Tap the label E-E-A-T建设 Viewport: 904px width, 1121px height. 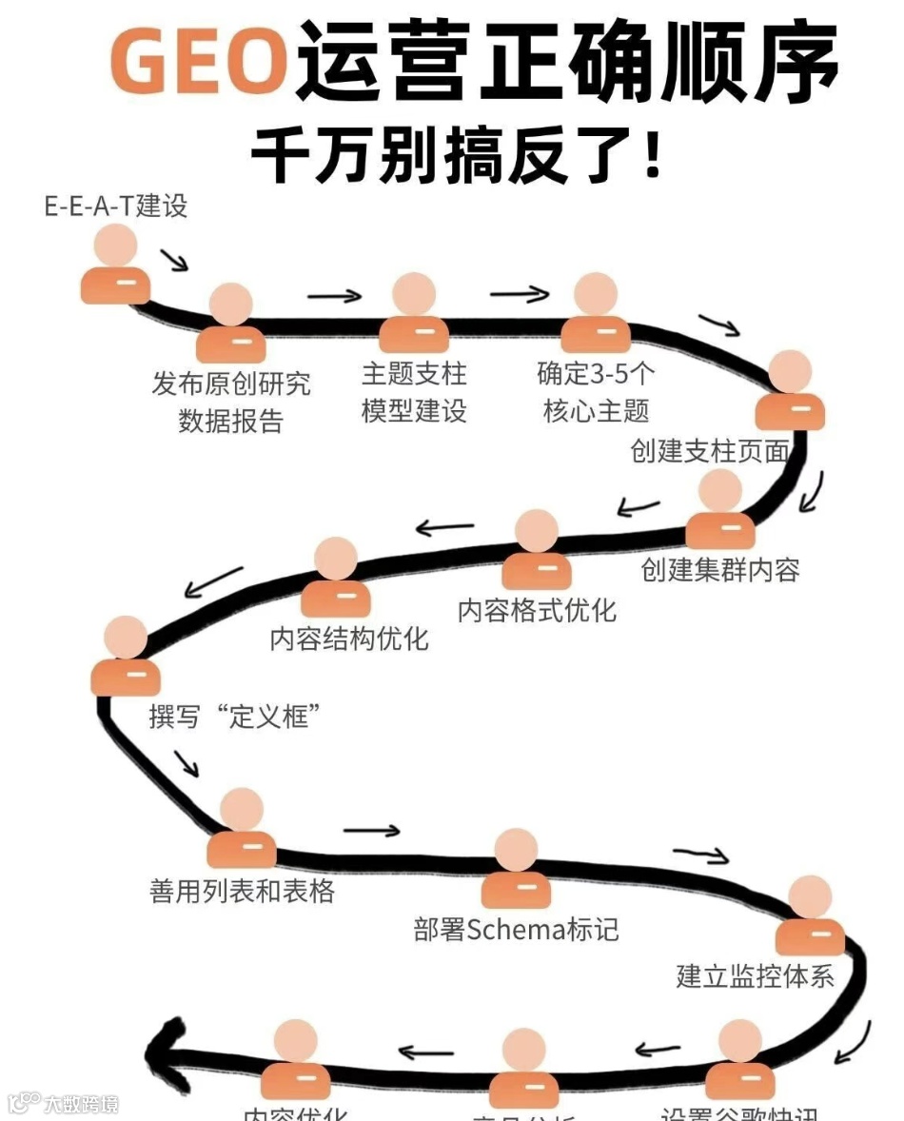coord(116,206)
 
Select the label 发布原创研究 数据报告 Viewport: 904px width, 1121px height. coord(231,402)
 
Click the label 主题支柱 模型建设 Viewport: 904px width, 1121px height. coord(414,391)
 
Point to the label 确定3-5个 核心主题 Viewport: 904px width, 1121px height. coord(596,391)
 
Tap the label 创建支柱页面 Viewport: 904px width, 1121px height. coord(710,451)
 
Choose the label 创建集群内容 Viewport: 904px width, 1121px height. coord(720,569)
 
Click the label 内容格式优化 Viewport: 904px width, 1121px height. coord(537,610)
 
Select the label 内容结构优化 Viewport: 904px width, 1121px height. coord(349,639)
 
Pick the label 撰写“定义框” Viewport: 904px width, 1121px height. coord(233,716)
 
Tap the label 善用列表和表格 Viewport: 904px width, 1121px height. coord(242,892)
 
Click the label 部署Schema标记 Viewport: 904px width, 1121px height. coord(516,929)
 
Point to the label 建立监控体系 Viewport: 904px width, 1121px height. coord(755,976)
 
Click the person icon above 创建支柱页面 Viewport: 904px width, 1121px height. coord(790,391)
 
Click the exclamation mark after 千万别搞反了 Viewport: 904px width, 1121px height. coord(652,155)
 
